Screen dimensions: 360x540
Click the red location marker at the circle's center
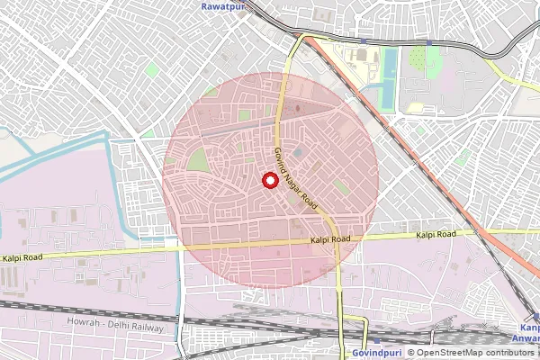pyautogui.click(x=269, y=180)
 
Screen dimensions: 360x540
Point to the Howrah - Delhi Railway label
pyautogui.click(x=115, y=321)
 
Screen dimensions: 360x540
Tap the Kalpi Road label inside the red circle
pyautogui.click(x=329, y=240)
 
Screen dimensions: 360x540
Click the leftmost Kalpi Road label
pyautogui.click(x=23, y=258)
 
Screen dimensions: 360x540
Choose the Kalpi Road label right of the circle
pyautogui.click(x=436, y=235)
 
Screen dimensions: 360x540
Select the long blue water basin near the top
pyautogui.click(x=389, y=78)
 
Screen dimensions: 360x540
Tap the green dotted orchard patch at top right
pyautogui.click(x=419, y=58)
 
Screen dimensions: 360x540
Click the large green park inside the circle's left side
pyautogui.click(x=197, y=161)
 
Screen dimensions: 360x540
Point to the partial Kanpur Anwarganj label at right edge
pyautogui.click(x=529, y=333)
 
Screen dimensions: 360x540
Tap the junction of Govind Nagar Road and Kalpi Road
pyautogui.click(x=336, y=240)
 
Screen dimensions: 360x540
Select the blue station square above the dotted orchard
pyautogui.click(x=429, y=41)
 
